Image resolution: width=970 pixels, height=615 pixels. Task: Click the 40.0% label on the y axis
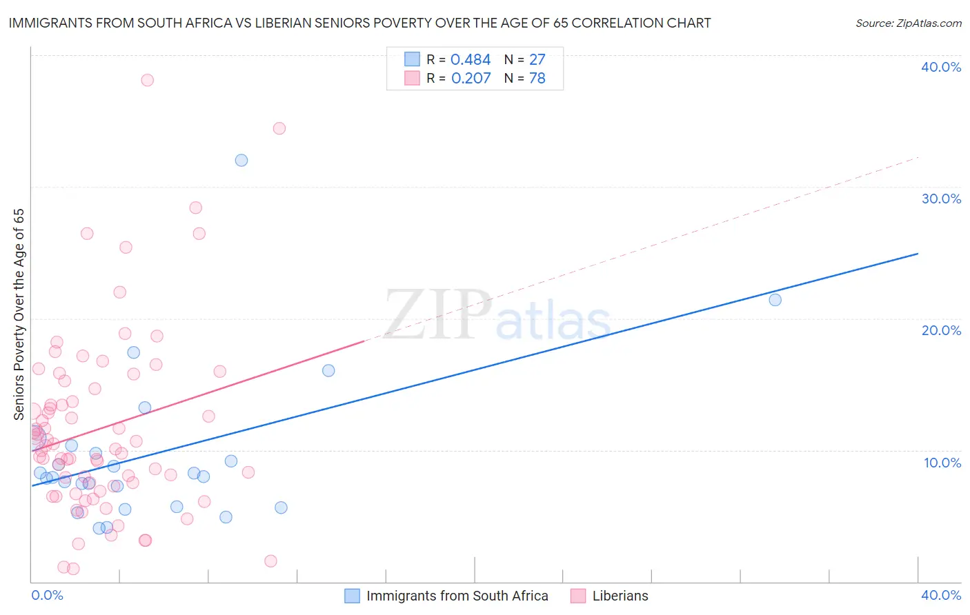click(x=940, y=67)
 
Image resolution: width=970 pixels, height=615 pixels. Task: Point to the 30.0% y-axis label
click(x=940, y=199)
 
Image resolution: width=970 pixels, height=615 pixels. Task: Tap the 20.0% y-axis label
click(x=940, y=330)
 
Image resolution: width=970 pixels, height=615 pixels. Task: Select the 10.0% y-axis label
click(x=942, y=463)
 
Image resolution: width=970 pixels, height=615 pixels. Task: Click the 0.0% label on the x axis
click(x=47, y=595)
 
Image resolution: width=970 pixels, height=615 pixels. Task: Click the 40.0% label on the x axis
click(x=940, y=595)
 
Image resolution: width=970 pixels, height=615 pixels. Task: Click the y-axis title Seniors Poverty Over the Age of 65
click(x=19, y=314)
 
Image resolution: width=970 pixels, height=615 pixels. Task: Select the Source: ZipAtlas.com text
click(x=908, y=23)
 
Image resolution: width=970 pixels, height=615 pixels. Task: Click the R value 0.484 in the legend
click(x=470, y=60)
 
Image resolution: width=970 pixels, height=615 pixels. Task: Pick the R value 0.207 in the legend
click(x=471, y=79)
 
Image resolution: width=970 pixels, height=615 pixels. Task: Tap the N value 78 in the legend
click(x=537, y=79)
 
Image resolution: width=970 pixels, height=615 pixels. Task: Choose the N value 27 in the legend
click(x=537, y=60)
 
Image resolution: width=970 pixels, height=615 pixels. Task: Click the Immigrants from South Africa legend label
click(x=457, y=596)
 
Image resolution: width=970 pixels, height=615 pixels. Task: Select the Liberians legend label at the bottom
click(x=620, y=596)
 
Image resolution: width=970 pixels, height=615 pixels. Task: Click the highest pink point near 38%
click(x=147, y=80)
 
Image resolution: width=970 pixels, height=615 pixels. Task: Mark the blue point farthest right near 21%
click(x=775, y=300)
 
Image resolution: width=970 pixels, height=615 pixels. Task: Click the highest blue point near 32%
click(x=241, y=160)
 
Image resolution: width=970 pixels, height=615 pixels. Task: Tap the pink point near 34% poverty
click(x=279, y=128)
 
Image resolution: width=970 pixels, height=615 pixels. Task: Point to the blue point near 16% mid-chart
click(x=328, y=370)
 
